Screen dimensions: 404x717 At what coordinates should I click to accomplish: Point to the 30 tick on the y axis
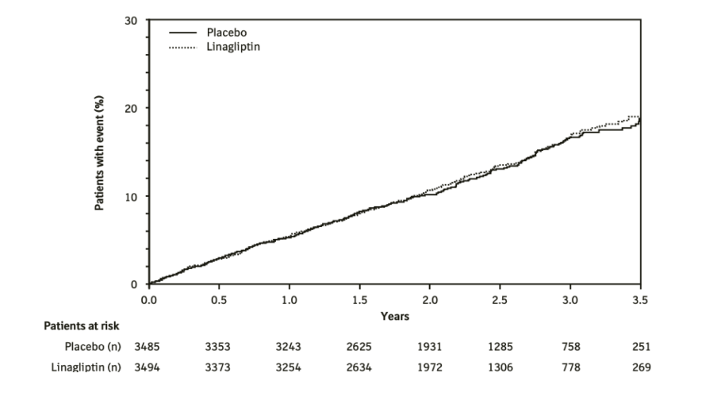(x=132, y=20)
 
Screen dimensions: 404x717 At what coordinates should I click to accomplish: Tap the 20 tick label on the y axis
(x=132, y=108)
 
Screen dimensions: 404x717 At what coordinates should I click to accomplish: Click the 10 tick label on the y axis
(x=132, y=196)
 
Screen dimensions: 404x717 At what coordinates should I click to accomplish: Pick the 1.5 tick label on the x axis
(x=359, y=300)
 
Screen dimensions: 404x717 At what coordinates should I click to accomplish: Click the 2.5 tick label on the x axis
(x=500, y=300)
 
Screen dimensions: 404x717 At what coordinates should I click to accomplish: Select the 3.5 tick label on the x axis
(x=640, y=300)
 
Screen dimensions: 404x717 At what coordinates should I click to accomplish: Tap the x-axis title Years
(x=394, y=315)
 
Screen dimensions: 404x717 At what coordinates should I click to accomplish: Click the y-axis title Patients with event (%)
(x=100, y=152)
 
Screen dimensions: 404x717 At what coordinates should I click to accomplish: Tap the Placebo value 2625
(x=359, y=346)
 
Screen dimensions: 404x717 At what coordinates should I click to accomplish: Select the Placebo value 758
(x=570, y=346)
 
